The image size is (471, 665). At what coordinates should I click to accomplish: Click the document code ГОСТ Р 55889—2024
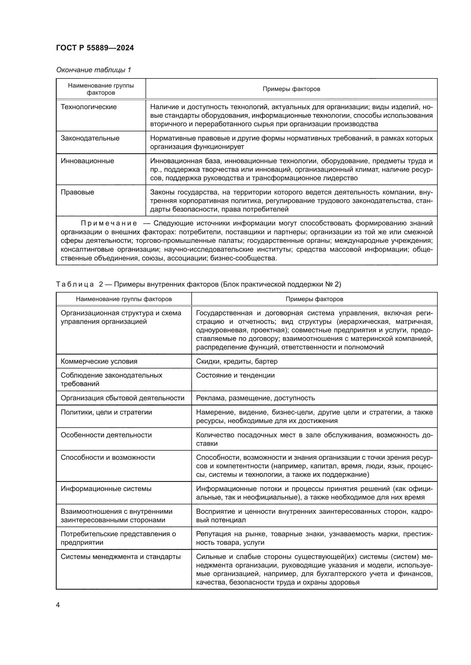(95, 48)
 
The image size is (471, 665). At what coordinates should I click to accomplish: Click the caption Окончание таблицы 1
(93, 70)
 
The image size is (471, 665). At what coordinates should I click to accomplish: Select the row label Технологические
(89, 107)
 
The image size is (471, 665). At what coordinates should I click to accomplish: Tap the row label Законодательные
(90, 138)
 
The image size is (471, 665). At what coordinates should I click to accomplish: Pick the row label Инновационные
(87, 161)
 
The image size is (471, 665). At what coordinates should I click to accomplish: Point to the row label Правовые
(77, 192)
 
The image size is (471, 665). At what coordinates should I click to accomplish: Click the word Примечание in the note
(109, 223)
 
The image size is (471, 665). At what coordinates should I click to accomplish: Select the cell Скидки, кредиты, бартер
(237, 361)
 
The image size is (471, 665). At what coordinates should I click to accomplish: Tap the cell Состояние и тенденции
(235, 375)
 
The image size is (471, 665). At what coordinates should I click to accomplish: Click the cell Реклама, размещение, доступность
(255, 398)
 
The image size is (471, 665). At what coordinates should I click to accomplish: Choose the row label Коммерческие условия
(99, 361)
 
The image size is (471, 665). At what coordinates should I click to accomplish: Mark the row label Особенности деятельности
(106, 435)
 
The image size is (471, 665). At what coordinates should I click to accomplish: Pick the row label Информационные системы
(106, 489)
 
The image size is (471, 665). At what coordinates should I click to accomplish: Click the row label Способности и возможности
(108, 458)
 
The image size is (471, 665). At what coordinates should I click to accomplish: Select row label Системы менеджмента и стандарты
(121, 557)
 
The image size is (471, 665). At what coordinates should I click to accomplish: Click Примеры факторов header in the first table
(291, 89)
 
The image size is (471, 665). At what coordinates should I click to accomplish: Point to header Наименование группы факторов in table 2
(124, 299)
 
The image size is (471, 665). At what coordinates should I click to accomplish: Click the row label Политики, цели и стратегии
(106, 412)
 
